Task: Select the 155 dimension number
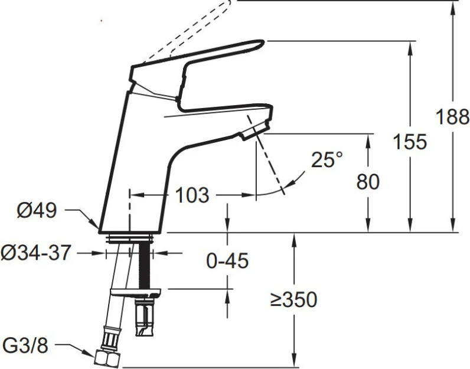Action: pos(410,142)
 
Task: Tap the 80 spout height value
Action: pos(368,181)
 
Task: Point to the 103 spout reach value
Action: pos(191,195)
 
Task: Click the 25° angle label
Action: pos(327,159)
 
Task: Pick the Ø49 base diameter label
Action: pos(37,210)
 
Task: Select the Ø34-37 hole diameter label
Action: pos(36,253)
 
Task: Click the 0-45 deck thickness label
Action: pos(227,260)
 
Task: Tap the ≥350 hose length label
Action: pos(293,299)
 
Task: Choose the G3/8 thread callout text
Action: pos(25,345)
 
